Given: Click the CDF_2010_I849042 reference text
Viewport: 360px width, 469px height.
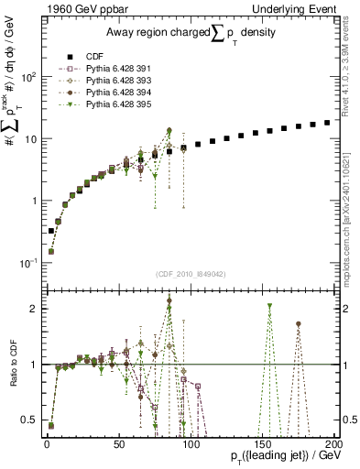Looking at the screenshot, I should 188,273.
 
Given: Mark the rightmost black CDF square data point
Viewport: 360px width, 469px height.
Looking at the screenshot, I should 327,123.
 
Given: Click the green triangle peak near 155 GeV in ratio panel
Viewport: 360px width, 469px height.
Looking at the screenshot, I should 269,309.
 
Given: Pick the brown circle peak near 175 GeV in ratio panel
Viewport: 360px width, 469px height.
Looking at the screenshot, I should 298,323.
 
